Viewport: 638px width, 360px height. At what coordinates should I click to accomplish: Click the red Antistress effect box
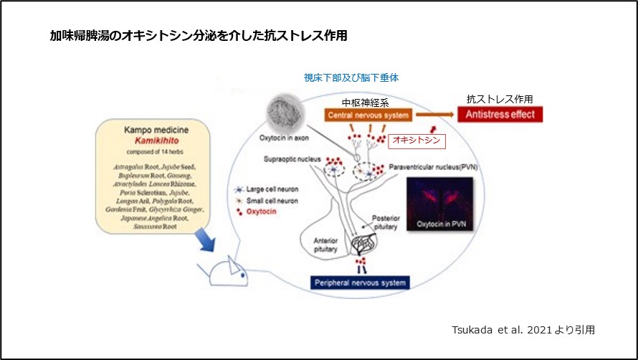(x=500, y=115)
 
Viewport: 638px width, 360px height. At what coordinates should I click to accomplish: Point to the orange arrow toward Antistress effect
(x=434, y=115)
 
